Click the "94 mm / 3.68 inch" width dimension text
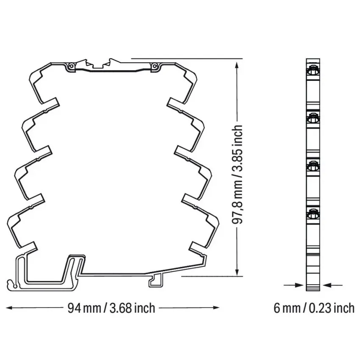click(x=111, y=308)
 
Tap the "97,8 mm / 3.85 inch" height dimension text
click(x=237, y=174)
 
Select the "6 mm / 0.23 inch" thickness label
click(x=314, y=308)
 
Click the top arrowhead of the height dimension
click(x=237, y=65)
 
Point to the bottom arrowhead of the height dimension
click(x=237, y=271)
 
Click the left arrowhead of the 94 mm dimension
click(x=10, y=307)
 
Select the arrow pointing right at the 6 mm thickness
click(x=294, y=285)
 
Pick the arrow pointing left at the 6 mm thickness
click(x=332, y=285)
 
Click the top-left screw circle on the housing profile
click(x=71, y=66)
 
